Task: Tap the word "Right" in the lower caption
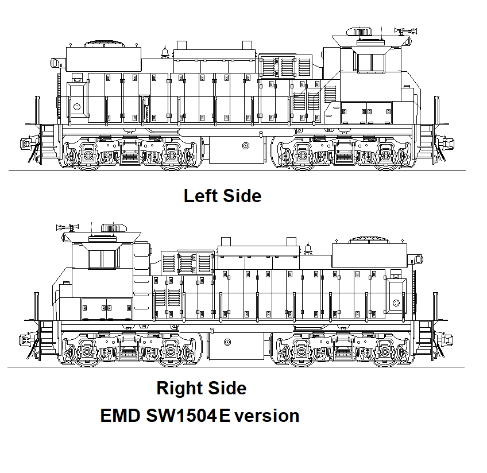click(x=178, y=388)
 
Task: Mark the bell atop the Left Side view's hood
click(x=165, y=52)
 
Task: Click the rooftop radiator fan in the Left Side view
click(x=104, y=43)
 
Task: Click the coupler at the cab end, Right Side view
click(x=26, y=339)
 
